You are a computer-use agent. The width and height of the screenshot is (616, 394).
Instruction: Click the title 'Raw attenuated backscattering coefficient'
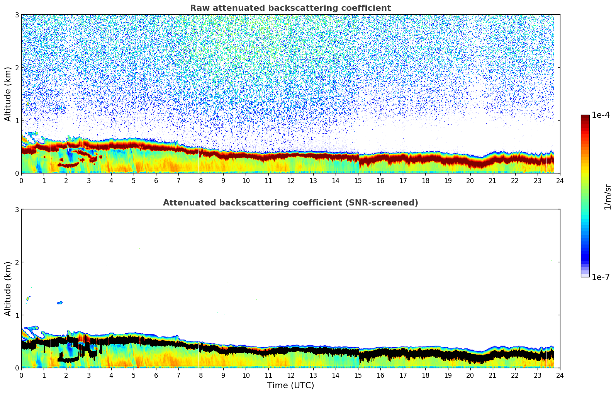(x=290, y=8)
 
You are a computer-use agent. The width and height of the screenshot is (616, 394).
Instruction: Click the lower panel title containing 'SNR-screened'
(x=290, y=203)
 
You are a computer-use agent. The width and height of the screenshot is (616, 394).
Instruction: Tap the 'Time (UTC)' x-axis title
(x=290, y=386)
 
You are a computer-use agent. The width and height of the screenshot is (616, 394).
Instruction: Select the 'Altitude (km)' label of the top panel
(x=8, y=94)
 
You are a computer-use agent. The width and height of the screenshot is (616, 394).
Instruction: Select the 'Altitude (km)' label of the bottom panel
(x=8, y=289)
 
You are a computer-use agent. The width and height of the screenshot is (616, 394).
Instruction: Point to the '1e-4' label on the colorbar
(x=601, y=115)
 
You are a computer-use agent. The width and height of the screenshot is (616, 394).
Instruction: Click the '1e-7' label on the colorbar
(x=601, y=277)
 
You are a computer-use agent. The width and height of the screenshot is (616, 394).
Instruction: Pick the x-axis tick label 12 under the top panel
(x=290, y=181)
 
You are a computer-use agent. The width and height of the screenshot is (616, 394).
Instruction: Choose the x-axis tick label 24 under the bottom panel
(x=560, y=375)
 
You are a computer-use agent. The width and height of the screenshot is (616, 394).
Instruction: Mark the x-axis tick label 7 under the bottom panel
(x=178, y=375)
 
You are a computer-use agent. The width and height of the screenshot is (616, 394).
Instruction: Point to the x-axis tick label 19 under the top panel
(x=448, y=181)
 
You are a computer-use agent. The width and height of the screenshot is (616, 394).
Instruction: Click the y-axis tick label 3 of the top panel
(x=17, y=15)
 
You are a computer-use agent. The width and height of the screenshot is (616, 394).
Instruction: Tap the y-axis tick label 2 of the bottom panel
(x=17, y=262)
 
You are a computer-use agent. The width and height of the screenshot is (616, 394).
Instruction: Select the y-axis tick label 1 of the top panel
(x=17, y=121)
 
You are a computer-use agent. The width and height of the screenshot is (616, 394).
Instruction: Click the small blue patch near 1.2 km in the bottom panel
(x=59, y=303)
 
